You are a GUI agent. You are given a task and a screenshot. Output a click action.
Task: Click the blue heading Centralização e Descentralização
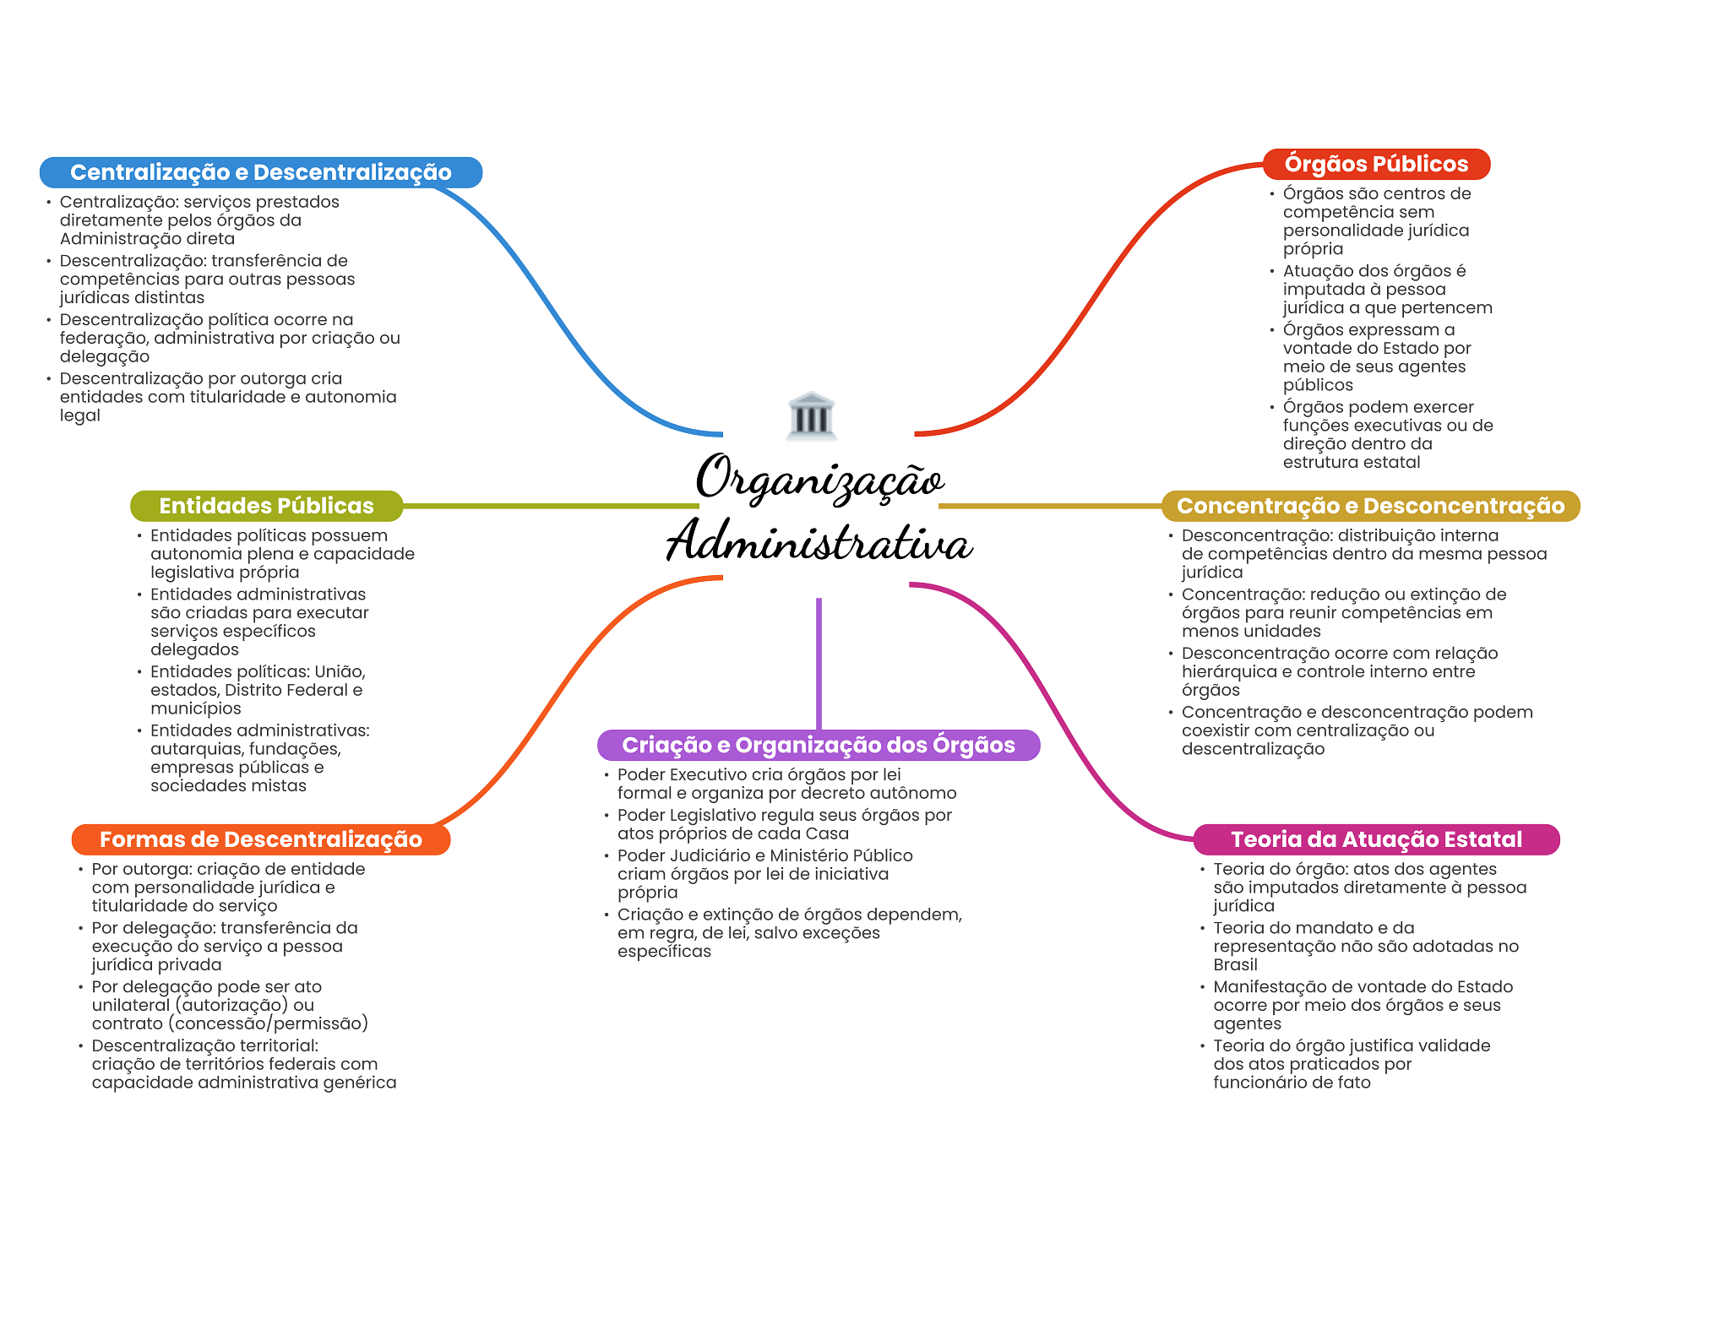(x=261, y=172)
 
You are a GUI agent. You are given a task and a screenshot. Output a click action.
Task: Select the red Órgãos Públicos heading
(x=1376, y=164)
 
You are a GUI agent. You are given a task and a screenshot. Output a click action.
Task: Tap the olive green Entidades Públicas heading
(x=266, y=506)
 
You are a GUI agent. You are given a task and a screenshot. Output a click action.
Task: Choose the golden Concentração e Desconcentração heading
(x=1370, y=506)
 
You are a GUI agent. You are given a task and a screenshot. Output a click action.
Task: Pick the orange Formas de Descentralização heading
(x=261, y=839)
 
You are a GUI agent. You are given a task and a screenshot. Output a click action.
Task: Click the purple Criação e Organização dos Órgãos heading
(x=819, y=745)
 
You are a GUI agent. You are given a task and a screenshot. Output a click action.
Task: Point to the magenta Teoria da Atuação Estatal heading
(x=1376, y=839)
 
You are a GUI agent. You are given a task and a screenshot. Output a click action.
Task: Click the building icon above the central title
(x=811, y=415)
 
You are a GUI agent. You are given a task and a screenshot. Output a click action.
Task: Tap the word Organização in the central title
(x=819, y=478)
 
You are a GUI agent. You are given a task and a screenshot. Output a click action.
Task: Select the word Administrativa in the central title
(x=819, y=540)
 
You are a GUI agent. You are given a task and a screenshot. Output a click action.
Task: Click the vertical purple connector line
(x=819, y=664)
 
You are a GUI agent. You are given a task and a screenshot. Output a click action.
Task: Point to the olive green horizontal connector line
(x=551, y=506)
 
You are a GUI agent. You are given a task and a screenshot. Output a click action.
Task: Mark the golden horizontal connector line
(x=1050, y=506)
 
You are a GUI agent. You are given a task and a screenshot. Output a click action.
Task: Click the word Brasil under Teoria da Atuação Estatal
(x=1235, y=965)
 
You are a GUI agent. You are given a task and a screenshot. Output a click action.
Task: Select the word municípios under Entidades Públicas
(x=195, y=709)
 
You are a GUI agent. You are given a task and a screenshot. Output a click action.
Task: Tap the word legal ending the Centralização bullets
(x=79, y=416)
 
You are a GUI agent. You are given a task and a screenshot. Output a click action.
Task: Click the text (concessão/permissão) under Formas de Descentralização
(x=268, y=1024)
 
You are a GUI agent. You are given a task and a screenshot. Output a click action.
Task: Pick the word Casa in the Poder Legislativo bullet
(x=826, y=834)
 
